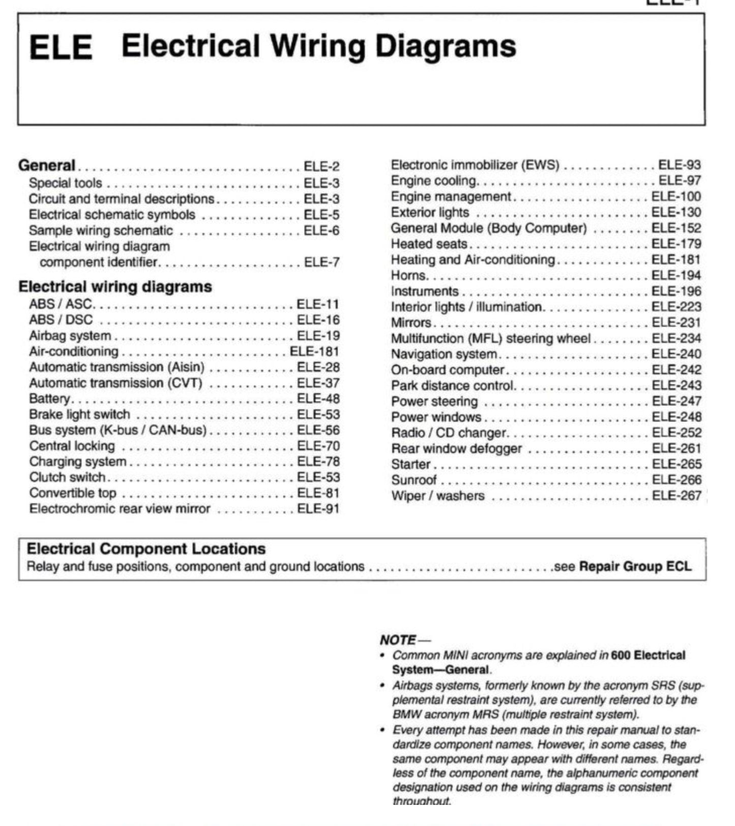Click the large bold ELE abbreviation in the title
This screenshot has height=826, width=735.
click(61, 48)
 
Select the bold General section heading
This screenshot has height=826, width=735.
click(47, 165)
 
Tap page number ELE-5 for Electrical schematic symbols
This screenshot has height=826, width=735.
click(321, 215)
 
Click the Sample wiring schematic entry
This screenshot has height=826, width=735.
click(101, 231)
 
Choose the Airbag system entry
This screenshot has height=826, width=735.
click(70, 336)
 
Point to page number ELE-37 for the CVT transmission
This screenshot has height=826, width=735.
click(318, 383)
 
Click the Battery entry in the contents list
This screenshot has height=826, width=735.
click(50, 398)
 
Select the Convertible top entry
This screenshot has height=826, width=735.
click(73, 493)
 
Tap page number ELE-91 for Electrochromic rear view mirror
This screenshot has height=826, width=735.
click(318, 509)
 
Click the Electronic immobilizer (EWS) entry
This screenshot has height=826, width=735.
click(475, 165)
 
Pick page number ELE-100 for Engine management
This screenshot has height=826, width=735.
click(676, 196)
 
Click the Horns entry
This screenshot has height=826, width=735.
click(408, 275)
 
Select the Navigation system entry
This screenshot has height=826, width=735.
click(444, 354)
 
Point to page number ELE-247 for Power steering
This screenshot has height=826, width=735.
click(677, 401)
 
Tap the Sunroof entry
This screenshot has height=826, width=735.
click(414, 480)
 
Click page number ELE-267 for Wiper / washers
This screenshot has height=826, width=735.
click(677, 496)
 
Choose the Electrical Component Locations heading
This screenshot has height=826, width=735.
click(146, 549)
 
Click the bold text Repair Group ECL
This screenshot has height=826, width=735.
click(635, 566)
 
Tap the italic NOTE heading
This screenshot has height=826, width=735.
click(398, 640)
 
